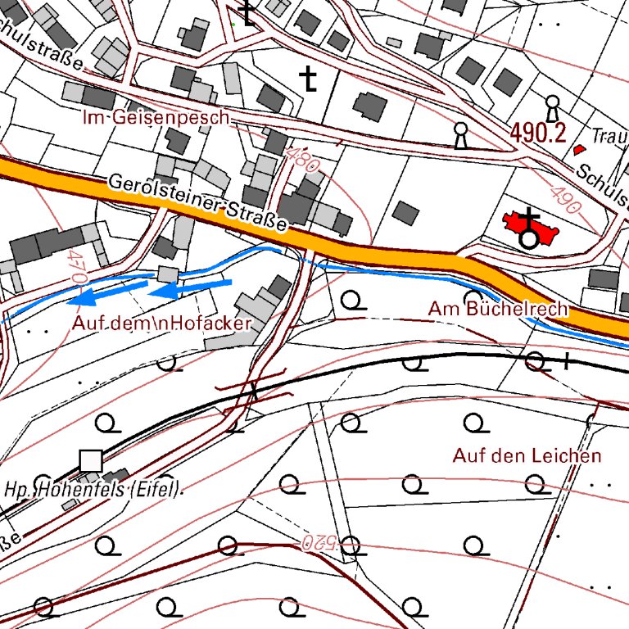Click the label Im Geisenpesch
point(156,118)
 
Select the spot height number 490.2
point(539,132)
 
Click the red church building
point(532,227)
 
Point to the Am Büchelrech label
point(498,309)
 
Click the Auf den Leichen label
point(527,455)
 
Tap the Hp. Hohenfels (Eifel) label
point(92,491)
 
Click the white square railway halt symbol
point(91,461)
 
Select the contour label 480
point(303,158)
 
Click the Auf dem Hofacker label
point(161,323)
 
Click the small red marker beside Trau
point(580,150)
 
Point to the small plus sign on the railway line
point(567,360)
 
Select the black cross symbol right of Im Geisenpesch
point(308,78)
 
